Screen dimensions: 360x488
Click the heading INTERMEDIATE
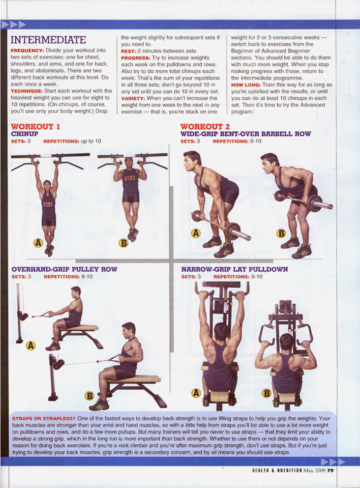pyautogui.click(x=48, y=40)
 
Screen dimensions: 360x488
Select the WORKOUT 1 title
pyautogui.click(x=35, y=127)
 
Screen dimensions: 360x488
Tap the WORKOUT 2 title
pyautogui.click(x=205, y=127)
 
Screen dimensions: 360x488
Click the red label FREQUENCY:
pyautogui.click(x=28, y=51)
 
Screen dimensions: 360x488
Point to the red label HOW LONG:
pyautogui.click(x=246, y=85)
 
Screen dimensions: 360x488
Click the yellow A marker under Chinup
pyautogui.click(x=38, y=242)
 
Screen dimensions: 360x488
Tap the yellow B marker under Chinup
pyautogui.click(x=123, y=242)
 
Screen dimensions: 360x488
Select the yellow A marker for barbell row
pyautogui.click(x=196, y=233)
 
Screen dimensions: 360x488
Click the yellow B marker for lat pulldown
pyautogui.click(x=267, y=393)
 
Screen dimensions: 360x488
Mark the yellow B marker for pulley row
pyautogui.click(x=90, y=396)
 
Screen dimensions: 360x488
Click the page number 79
pyautogui.click(x=330, y=471)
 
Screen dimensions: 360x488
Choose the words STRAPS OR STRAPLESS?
pyautogui.click(x=44, y=419)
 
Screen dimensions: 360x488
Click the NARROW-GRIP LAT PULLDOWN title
pyautogui.click(x=235, y=269)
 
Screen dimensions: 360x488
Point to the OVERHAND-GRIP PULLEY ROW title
pyautogui.click(x=64, y=269)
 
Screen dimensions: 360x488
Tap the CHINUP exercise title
pyautogui.click(x=25, y=134)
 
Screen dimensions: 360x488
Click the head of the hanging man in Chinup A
pyautogui.click(x=47, y=185)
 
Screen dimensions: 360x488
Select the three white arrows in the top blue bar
pyautogui.click(x=13, y=25)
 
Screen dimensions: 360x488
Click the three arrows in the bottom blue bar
pyautogui.click(x=332, y=461)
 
